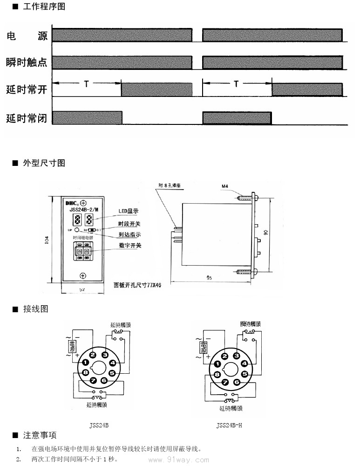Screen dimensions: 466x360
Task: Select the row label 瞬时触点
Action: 27,62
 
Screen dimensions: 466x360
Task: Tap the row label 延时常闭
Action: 27,118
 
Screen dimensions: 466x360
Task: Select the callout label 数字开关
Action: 129,246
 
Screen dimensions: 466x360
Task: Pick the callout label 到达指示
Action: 129,234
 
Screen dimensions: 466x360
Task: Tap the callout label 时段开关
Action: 129,224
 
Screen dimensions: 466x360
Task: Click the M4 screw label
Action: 224,187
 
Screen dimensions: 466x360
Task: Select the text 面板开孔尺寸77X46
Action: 137,284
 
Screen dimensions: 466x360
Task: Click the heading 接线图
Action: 35,309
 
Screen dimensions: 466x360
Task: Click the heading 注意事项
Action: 40,435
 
